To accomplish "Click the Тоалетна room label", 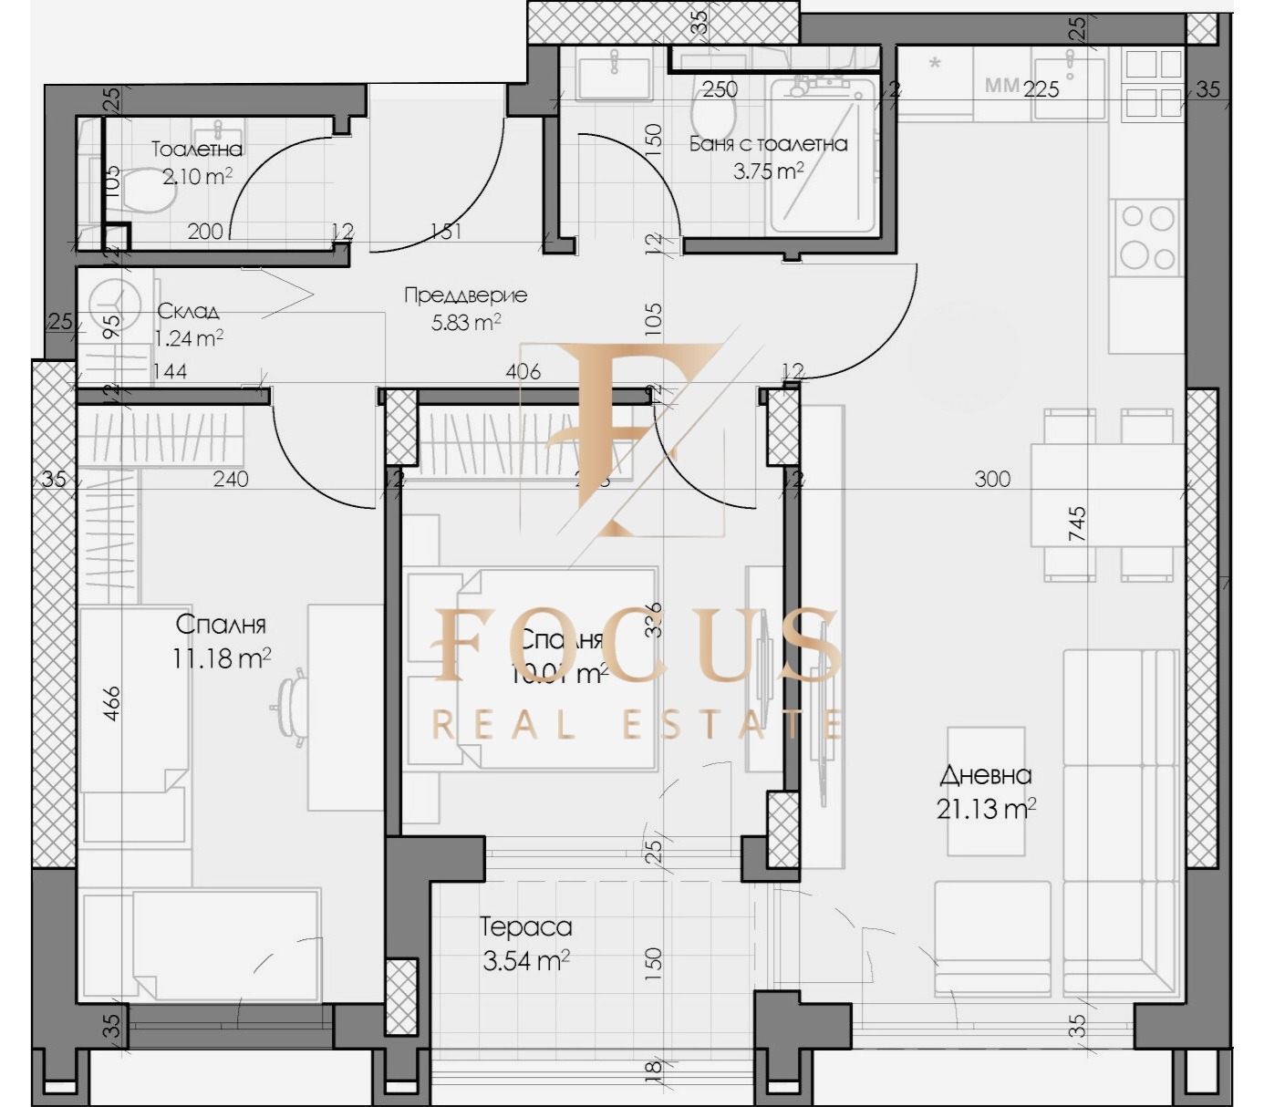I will tap(196, 149).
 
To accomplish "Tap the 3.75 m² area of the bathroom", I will tap(768, 171).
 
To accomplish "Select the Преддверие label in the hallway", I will tap(465, 295).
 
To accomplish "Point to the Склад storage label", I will tap(188, 311).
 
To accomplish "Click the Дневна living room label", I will tap(986, 775).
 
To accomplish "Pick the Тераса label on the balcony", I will tap(526, 926).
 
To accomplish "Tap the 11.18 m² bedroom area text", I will tap(221, 657).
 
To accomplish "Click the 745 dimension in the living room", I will tap(1077, 525).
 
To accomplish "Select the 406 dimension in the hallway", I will tap(523, 371).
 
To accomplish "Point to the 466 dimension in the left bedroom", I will tap(111, 703).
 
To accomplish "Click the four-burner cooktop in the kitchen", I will tap(1147, 236).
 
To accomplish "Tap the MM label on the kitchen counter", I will tap(1001, 86).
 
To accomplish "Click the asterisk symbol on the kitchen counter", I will tap(935, 64).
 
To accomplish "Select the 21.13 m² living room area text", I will tap(985, 808).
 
